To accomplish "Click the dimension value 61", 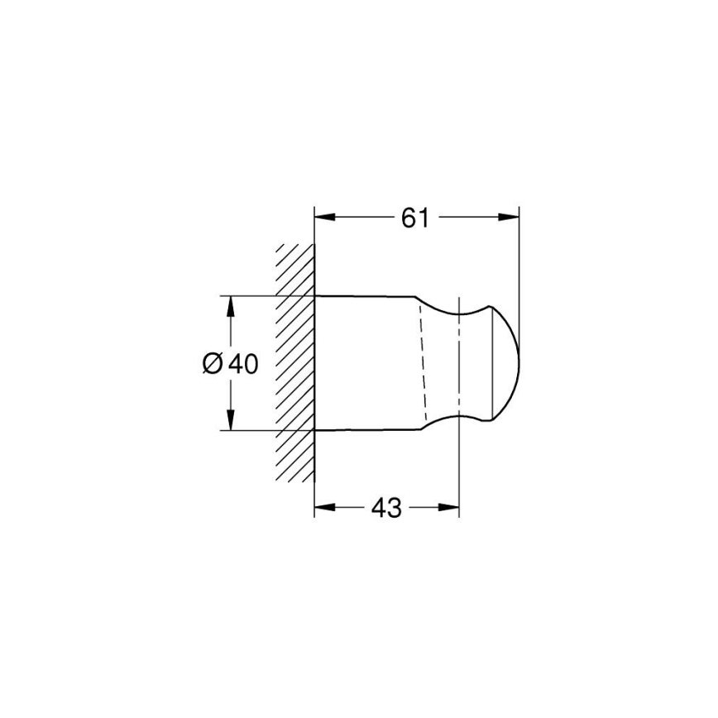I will [415, 218].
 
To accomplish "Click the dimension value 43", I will [386, 507].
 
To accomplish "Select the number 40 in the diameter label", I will [242, 363].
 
